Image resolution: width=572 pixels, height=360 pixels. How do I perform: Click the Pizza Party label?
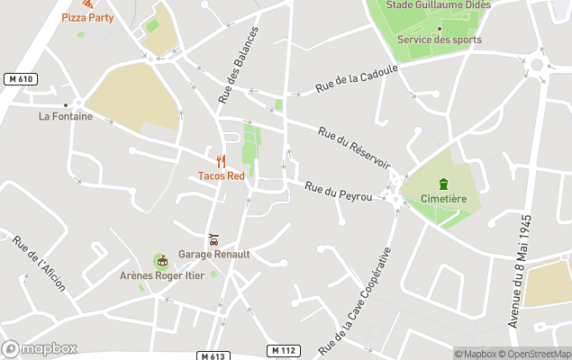click(x=88, y=17)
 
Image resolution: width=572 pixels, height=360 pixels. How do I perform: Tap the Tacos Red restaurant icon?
click(x=221, y=162)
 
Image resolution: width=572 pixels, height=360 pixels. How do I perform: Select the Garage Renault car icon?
click(x=213, y=239)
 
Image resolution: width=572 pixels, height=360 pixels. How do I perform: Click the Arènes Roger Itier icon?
click(x=162, y=261)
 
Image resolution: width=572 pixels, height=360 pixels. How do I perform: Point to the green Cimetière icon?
click(x=442, y=184)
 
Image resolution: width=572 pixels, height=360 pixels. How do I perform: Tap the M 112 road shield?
click(x=283, y=349)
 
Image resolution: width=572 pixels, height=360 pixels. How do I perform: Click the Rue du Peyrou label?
click(x=339, y=190)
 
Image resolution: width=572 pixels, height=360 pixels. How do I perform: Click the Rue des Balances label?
click(x=237, y=65)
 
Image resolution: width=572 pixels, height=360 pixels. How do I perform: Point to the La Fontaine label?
click(x=65, y=116)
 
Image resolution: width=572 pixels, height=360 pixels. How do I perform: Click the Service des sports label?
click(x=439, y=40)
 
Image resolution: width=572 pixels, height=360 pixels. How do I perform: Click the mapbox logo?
click(x=40, y=348)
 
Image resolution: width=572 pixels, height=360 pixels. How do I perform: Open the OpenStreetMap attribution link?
click(x=538, y=354)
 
